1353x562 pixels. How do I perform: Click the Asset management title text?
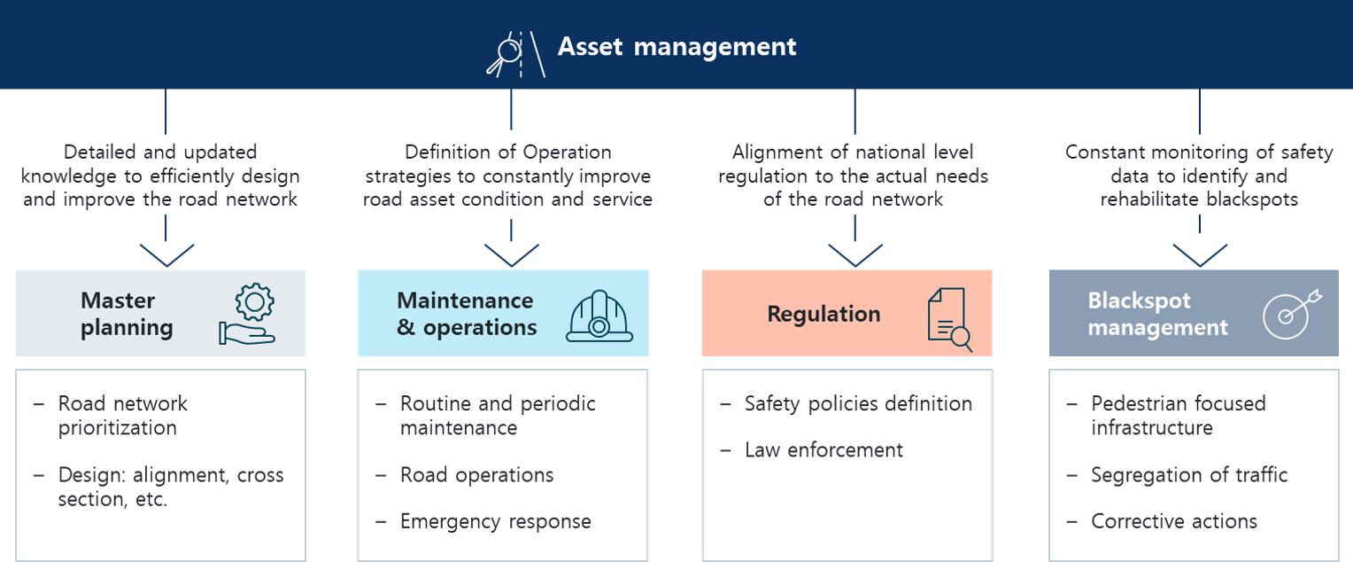coord(676,47)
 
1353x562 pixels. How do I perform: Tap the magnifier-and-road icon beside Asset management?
coord(516,54)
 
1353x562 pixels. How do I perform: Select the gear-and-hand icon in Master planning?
coord(248,314)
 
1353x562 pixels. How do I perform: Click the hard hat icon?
coord(599,316)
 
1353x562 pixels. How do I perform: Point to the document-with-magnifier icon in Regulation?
coord(949,319)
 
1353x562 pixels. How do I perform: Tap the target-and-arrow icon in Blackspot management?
coord(1291,315)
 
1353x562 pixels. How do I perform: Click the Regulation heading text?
coord(823,314)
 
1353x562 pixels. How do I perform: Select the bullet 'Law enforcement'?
coord(823,449)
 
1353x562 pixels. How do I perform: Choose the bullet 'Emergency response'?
coord(495,521)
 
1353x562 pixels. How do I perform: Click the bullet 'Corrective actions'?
coord(1173,521)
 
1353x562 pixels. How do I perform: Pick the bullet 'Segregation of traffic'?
coord(1188,475)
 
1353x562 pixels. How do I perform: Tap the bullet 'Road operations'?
coord(476,475)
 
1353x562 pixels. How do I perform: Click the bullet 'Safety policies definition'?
coord(858,403)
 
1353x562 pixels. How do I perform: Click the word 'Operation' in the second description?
coord(568,152)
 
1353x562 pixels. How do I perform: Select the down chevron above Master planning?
coord(166,255)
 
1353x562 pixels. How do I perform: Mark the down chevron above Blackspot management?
coord(1200,255)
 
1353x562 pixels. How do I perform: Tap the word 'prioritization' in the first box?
coord(118,428)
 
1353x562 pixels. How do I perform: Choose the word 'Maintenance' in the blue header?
coord(465,301)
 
